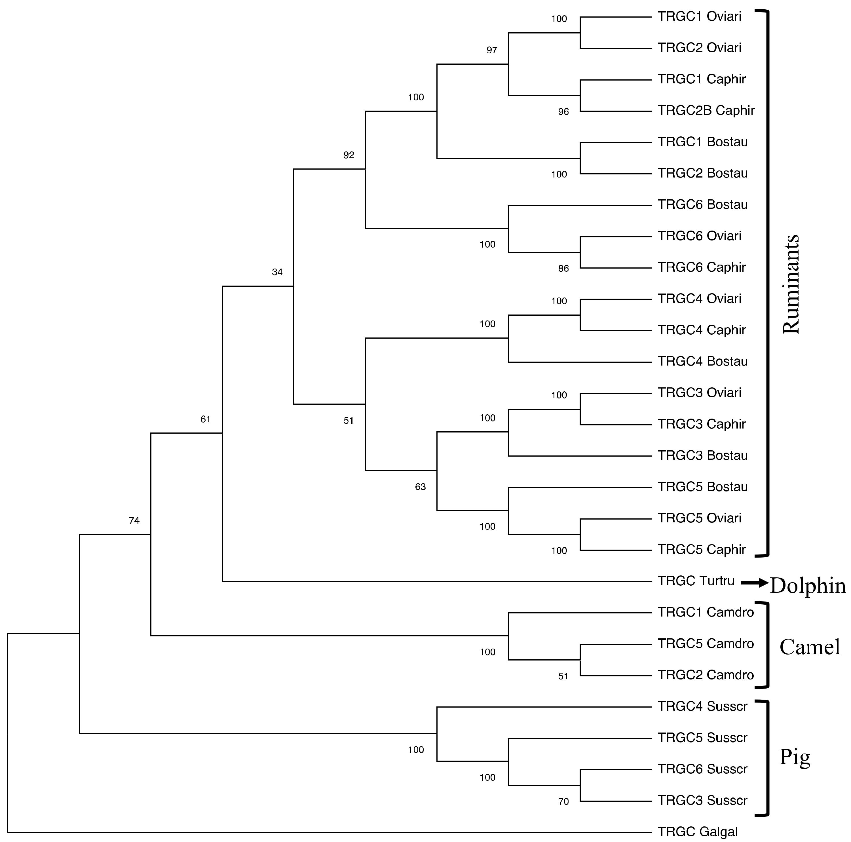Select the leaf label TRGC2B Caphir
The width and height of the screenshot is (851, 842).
coord(706,111)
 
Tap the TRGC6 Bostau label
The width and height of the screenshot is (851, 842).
coord(703,204)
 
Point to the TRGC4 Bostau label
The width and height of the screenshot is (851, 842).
coord(703,361)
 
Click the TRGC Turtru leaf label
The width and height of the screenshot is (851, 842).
coord(696,581)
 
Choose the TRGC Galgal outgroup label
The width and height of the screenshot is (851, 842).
coord(697,832)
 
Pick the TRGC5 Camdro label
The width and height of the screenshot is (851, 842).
coord(706,644)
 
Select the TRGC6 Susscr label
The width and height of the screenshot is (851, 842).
coord(703,769)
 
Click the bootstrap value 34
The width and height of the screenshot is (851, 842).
coord(277,272)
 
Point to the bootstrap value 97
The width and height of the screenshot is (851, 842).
coord(491,50)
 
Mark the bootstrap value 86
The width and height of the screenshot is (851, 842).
coord(563,269)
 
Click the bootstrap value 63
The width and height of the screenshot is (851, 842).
coord(420,487)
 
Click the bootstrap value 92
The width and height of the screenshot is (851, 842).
coord(349,155)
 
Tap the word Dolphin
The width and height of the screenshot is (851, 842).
coord(808,586)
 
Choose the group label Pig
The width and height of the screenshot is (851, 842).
coord(795,757)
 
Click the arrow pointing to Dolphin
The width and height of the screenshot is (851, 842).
coord(755,583)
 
